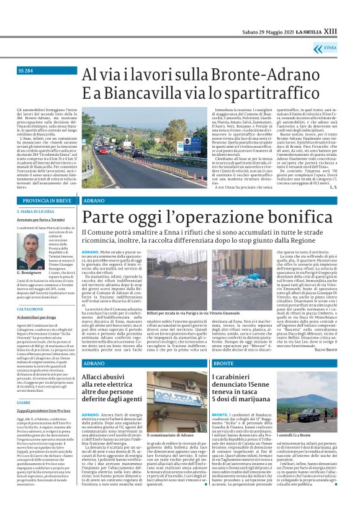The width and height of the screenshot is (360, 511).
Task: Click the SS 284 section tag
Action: pos(26,71)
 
